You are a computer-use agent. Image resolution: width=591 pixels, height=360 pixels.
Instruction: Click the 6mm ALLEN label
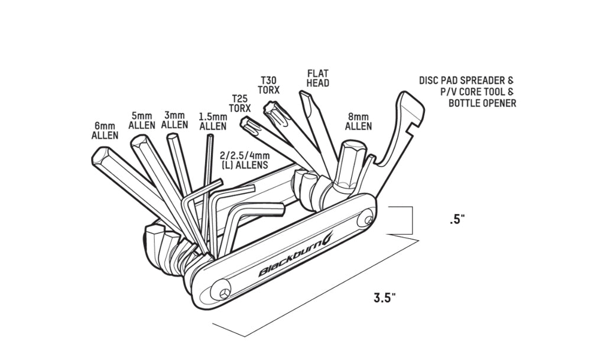click(x=105, y=130)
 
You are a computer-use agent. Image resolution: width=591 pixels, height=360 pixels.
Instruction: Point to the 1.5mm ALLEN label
click(x=213, y=121)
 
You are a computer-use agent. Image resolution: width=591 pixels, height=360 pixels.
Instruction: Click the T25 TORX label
click(x=241, y=104)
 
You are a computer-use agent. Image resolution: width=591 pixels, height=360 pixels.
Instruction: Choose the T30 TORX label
click(x=269, y=85)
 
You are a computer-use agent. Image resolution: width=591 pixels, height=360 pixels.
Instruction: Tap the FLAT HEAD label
click(x=317, y=79)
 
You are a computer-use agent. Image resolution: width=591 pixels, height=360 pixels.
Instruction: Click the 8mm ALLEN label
click(x=359, y=121)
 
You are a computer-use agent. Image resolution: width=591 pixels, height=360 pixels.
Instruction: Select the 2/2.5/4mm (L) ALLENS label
click(x=244, y=160)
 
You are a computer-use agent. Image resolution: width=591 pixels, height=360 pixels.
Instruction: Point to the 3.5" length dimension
click(x=384, y=297)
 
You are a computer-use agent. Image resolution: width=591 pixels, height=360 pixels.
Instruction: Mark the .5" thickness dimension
click(x=457, y=219)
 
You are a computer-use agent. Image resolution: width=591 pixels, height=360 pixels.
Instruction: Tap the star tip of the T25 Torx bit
click(x=248, y=124)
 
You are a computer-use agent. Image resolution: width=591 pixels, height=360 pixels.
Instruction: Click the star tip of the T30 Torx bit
click(x=273, y=111)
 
